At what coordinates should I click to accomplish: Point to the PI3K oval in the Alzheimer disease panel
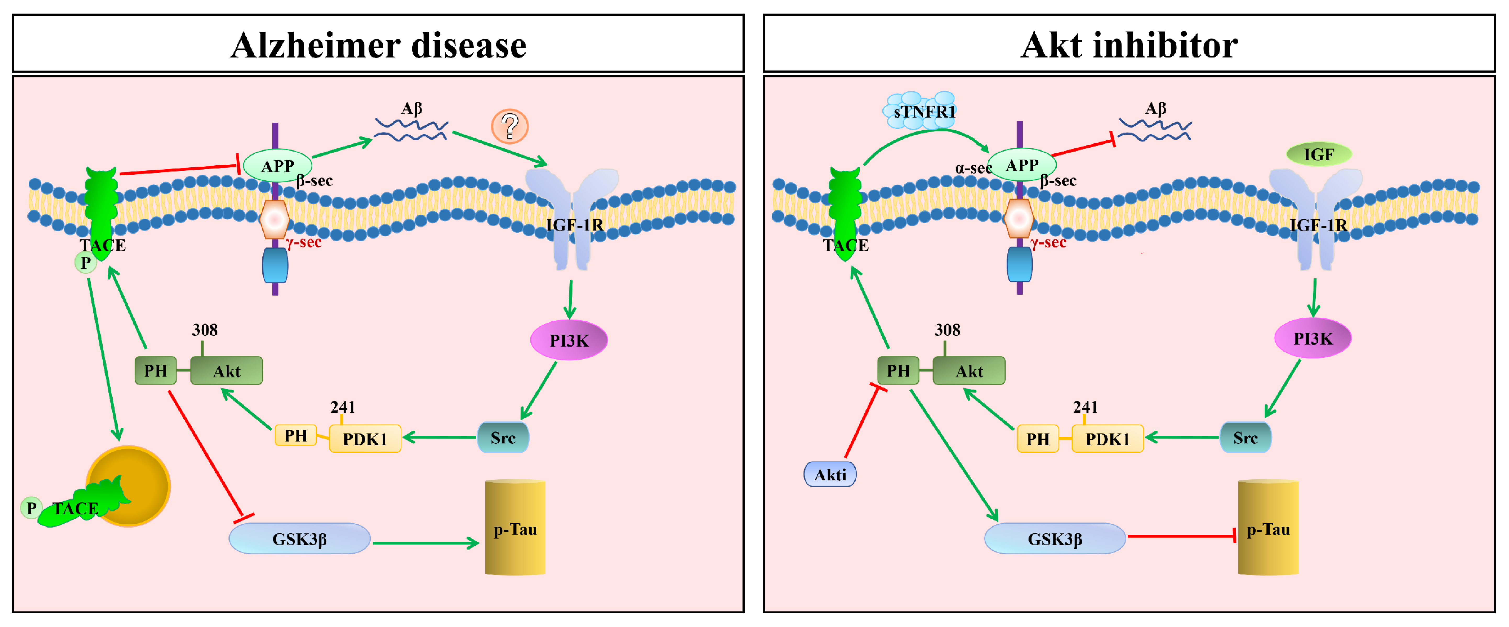point(569,340)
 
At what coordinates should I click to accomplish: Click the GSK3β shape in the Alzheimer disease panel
point(299,539)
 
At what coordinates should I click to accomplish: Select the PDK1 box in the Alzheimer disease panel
point(365,439)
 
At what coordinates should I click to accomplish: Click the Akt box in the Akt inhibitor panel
point(969,371)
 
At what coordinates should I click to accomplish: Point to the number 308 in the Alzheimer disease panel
point(204,330)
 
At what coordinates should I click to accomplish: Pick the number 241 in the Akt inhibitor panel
point(1085,407)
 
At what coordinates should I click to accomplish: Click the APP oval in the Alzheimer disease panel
point(277,166)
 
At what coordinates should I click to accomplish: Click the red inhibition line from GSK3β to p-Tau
point(1180,536)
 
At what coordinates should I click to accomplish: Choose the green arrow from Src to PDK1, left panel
point(439,437)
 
